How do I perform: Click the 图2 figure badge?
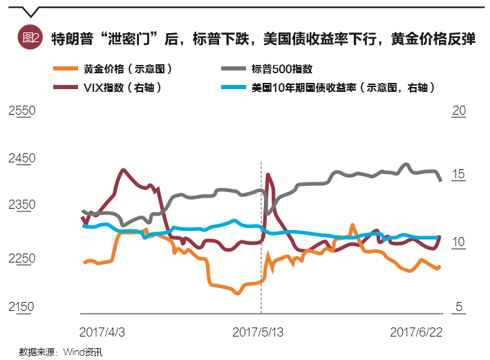click(x=32, y=38)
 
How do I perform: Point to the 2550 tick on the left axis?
click(x=21, y=111)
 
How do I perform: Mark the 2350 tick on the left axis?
click(x=21, y=205)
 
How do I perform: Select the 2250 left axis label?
click(x=21, y=258)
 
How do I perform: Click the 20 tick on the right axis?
click(x=458, y=111)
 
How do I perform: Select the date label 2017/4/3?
click(x=102, y=332)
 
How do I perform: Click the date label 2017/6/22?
click(x=417, y=332)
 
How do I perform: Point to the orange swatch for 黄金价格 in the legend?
click(x=66, y=69)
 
